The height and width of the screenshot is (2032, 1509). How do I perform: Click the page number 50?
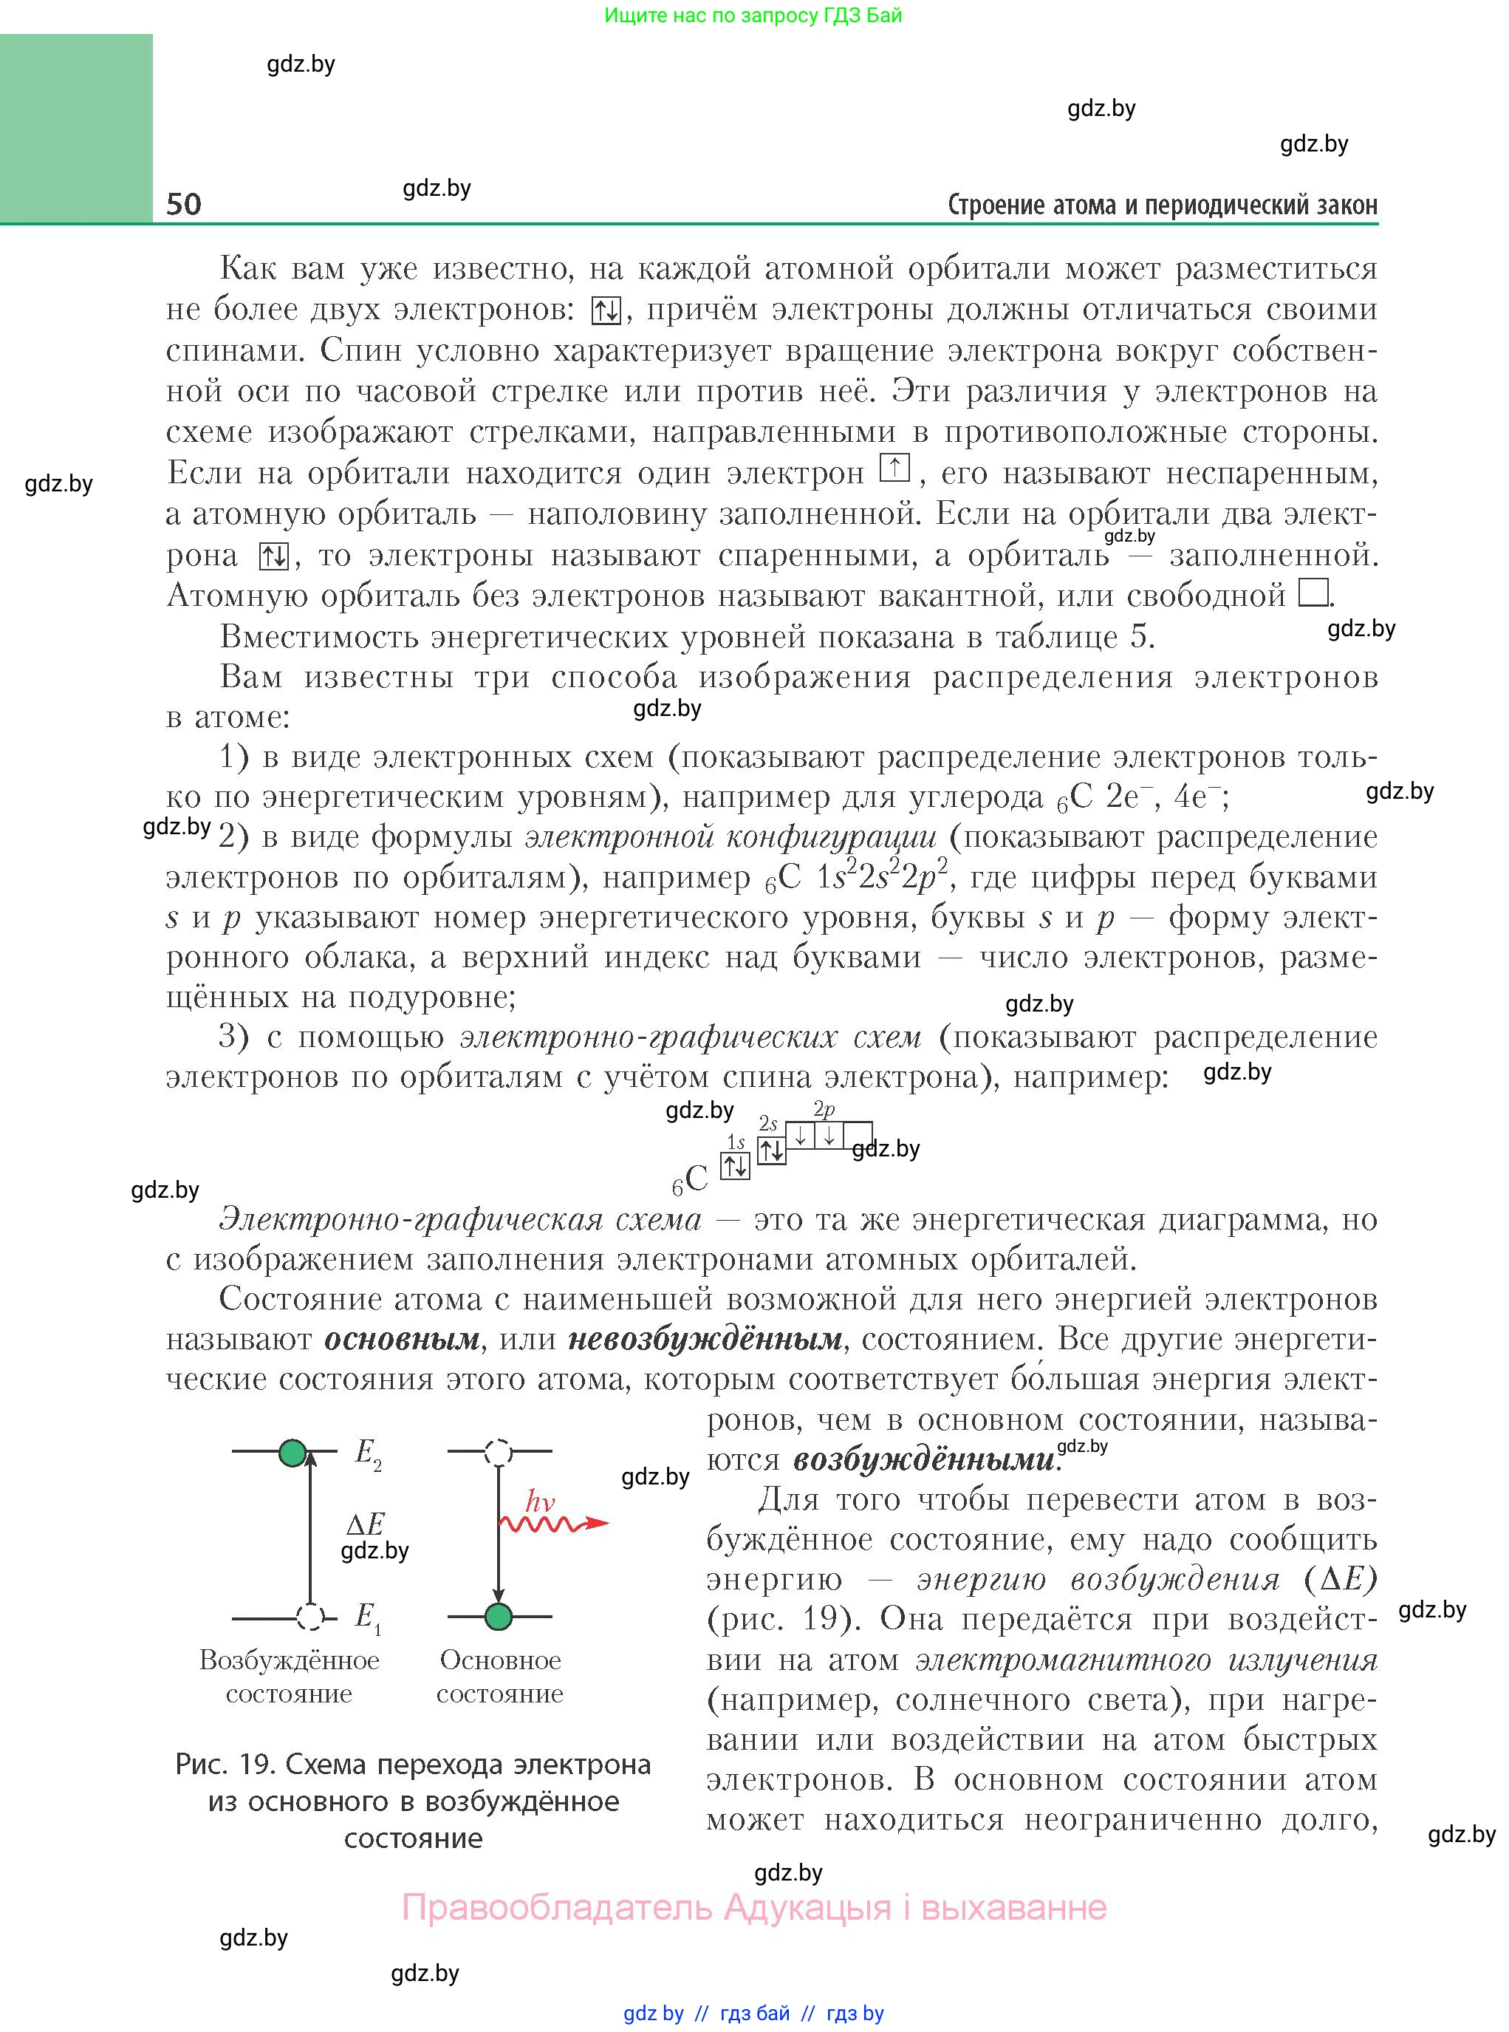[184, 203]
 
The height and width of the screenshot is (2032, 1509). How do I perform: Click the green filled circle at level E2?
[292, 1452]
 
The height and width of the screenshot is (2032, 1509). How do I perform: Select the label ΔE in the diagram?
[366, 1523]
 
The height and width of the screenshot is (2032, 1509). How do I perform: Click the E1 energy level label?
[367, 1617]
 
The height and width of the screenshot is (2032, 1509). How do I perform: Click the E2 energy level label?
[367, 1452]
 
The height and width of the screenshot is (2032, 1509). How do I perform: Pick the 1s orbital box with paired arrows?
[736, 1166]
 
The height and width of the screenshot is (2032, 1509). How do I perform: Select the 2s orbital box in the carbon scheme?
[772, 1150]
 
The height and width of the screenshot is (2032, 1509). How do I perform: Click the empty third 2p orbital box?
[858, 1136]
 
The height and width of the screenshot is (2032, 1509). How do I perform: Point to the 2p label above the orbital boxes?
[824, 1109]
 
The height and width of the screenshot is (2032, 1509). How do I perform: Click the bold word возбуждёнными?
[923, 1459]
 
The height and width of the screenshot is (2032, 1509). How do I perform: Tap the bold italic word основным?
[402, 1340]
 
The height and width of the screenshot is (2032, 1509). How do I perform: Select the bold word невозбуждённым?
[704, 1340]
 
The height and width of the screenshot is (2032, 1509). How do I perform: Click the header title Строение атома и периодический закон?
[1162, 205]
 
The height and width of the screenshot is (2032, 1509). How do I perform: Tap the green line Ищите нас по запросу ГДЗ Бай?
[753, 16]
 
